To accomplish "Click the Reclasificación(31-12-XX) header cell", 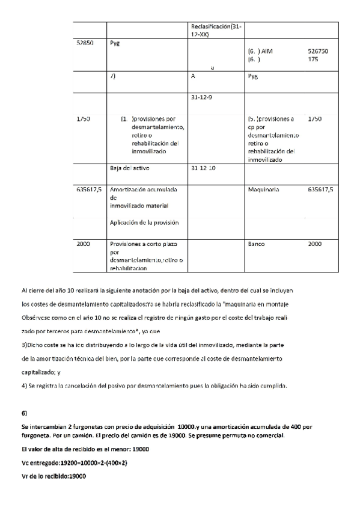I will click(216, 31).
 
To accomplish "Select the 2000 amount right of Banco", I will click(314, 244).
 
